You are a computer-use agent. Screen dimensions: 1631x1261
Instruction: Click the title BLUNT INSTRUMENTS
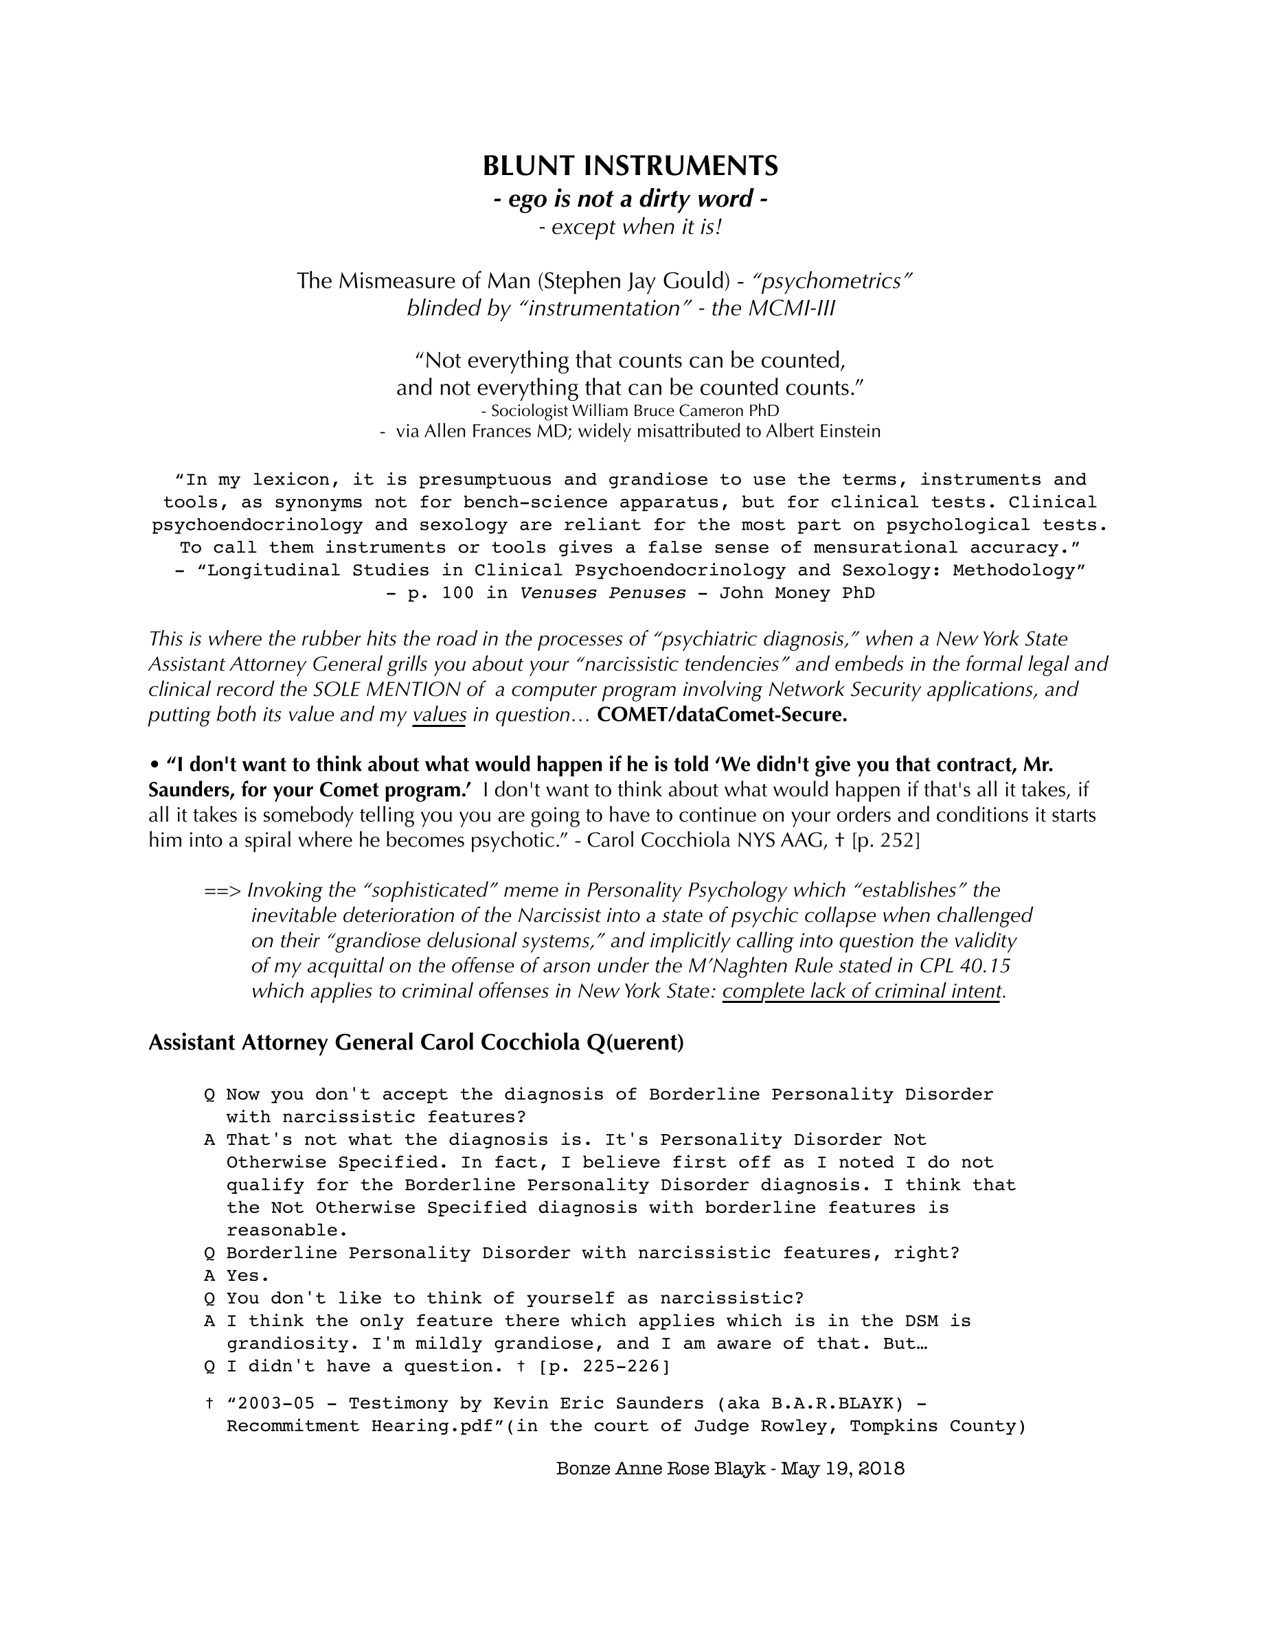(x=630, y=166)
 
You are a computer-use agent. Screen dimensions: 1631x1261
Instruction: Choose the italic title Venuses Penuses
(x=602, y=593)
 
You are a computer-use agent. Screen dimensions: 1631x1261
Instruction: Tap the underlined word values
(x=440, y=715)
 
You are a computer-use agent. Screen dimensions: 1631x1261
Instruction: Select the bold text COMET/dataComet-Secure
(x=723, y=715)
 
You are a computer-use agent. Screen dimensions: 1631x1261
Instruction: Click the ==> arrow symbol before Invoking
(x=222, y=890)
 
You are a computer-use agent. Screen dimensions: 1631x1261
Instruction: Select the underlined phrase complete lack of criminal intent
(x=861, y=991)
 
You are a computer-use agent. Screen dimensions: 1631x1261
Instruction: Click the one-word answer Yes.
(x=247, y=1275)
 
